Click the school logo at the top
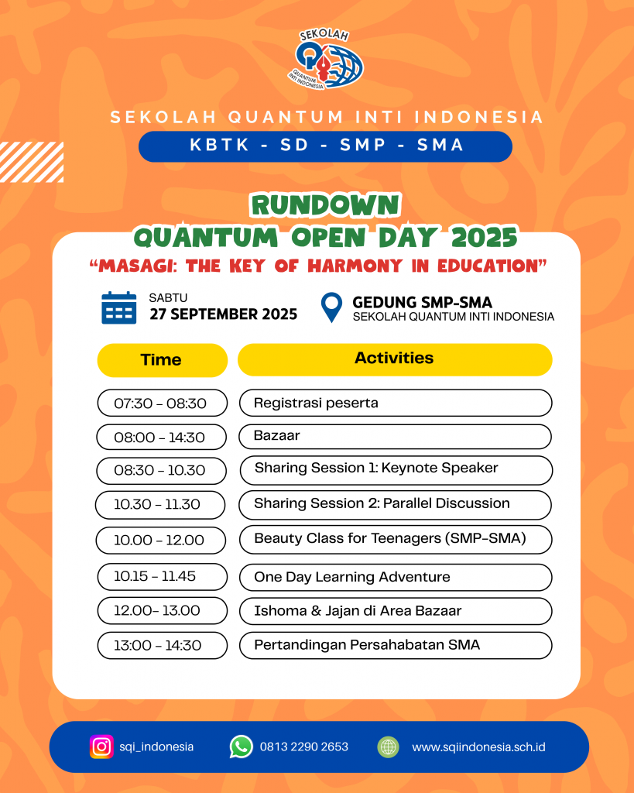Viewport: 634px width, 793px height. coord(325,60)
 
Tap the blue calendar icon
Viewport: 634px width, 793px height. coord(118,307)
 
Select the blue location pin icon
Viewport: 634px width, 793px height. coord(331,307)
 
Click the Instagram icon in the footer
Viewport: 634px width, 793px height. coord(101,747)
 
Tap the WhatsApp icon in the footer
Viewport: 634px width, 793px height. coord(242,747)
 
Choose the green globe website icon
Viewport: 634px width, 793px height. coord(389,747)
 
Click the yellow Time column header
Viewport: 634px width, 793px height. coord(163,360)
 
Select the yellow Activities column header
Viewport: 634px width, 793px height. coord(395,359)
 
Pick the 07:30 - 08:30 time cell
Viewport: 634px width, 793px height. coord(163,403)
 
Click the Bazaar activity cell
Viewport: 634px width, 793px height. coord(395,437)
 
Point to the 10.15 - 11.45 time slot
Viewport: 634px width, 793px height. coord(163,576)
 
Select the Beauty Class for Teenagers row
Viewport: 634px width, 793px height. coord(396,540)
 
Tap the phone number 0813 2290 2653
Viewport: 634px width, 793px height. coord(304,747)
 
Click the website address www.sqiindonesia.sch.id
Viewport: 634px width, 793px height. coord(478,747)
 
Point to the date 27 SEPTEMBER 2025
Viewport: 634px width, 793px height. coord(224,314)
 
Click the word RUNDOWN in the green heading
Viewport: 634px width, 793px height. coord(326,205)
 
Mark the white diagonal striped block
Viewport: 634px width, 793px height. coord(31,162)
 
